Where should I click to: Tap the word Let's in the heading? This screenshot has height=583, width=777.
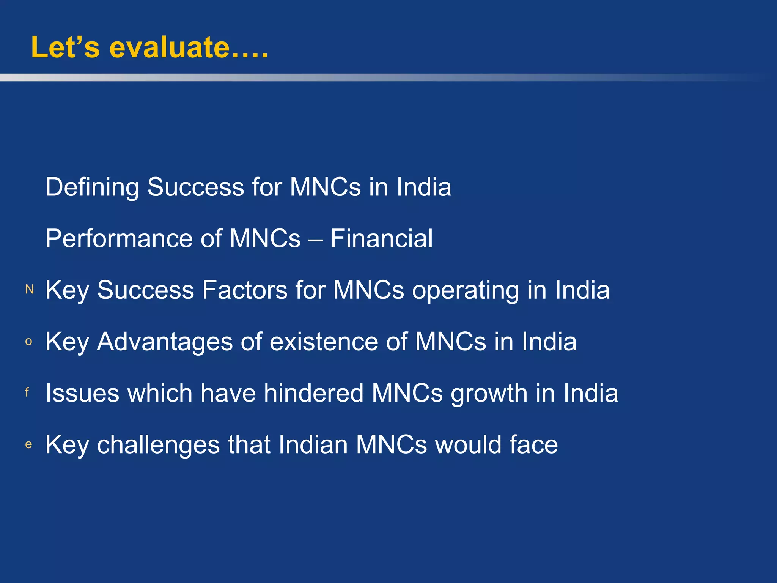coord(65,47)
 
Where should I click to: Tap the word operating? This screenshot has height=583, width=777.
coord(465,291)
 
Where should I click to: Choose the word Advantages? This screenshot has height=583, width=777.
coord(165,342)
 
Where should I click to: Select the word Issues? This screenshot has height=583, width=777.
coord(81,393)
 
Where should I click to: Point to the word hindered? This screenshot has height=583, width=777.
coord(314,393)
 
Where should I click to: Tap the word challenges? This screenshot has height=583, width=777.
coord(158,445)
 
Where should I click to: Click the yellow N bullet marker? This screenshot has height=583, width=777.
coord(30,290)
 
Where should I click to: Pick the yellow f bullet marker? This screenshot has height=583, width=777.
coord(27,392)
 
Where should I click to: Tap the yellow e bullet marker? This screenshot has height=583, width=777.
coord(28,444)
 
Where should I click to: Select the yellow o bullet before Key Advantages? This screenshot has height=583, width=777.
coord(28,342)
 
